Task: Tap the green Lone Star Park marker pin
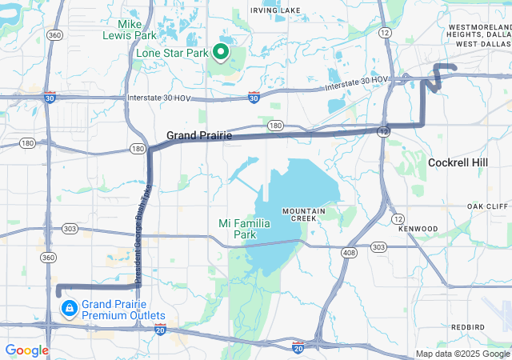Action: [x=221, y=53]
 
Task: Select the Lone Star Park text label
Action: [x=172, y=54]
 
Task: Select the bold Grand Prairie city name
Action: [x=199, y=136]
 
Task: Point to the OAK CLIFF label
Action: [x=487, y=206]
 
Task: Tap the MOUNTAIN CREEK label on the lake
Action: [x=303, y=214]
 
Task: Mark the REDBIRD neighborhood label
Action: [x=467, y=327]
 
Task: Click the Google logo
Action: [x=26, y=350]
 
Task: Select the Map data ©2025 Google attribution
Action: [x=462, y=354]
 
